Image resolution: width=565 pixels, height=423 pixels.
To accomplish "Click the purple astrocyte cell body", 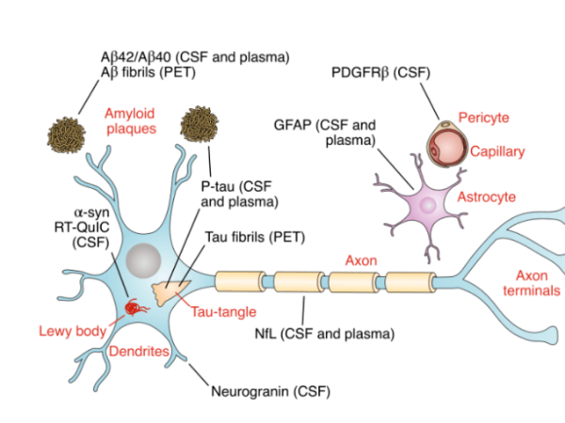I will [x=427, y=203].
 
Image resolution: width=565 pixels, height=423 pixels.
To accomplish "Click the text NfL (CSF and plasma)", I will [x=325, y=332].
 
